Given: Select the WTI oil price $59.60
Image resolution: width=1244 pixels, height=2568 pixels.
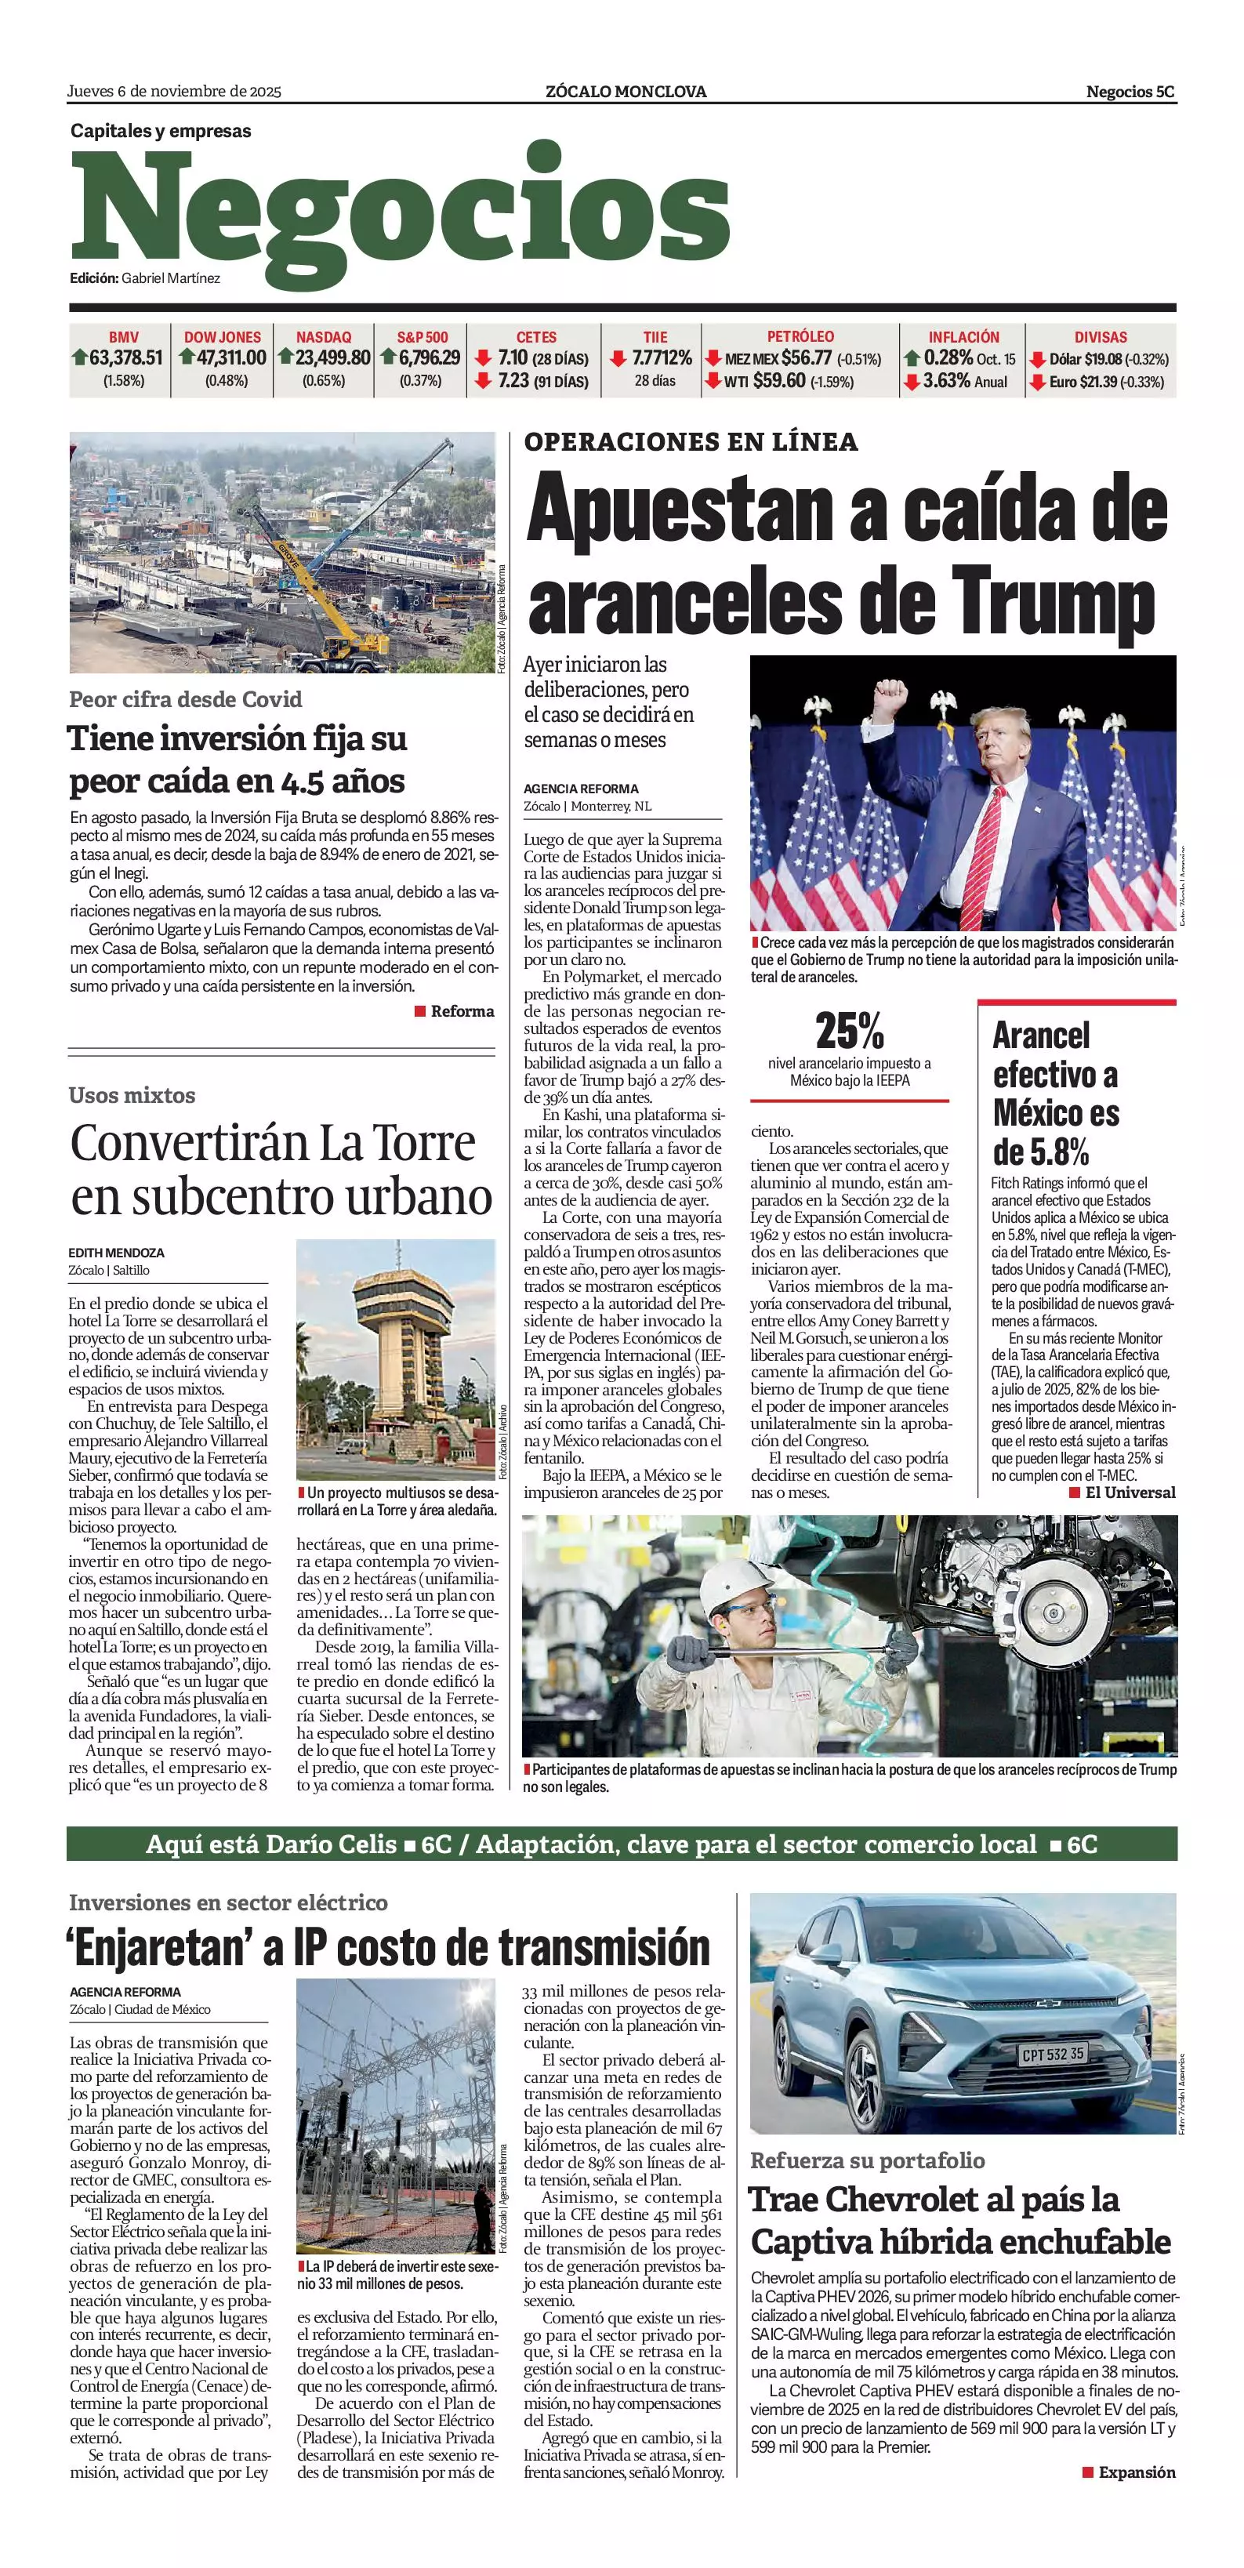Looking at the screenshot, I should (x=779, y=381).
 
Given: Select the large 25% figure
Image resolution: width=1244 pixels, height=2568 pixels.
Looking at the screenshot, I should (x=849, y=1031).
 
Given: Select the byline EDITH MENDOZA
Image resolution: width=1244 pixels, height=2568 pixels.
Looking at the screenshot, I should (x=117, y=1253).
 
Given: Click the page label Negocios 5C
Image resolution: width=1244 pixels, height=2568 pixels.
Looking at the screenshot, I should (x=1130, y=92).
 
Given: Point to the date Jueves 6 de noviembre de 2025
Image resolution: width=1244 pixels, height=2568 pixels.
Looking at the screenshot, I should (x=175, y=92).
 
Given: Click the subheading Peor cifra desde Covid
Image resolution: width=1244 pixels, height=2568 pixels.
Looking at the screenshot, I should (x=186, y=700).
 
